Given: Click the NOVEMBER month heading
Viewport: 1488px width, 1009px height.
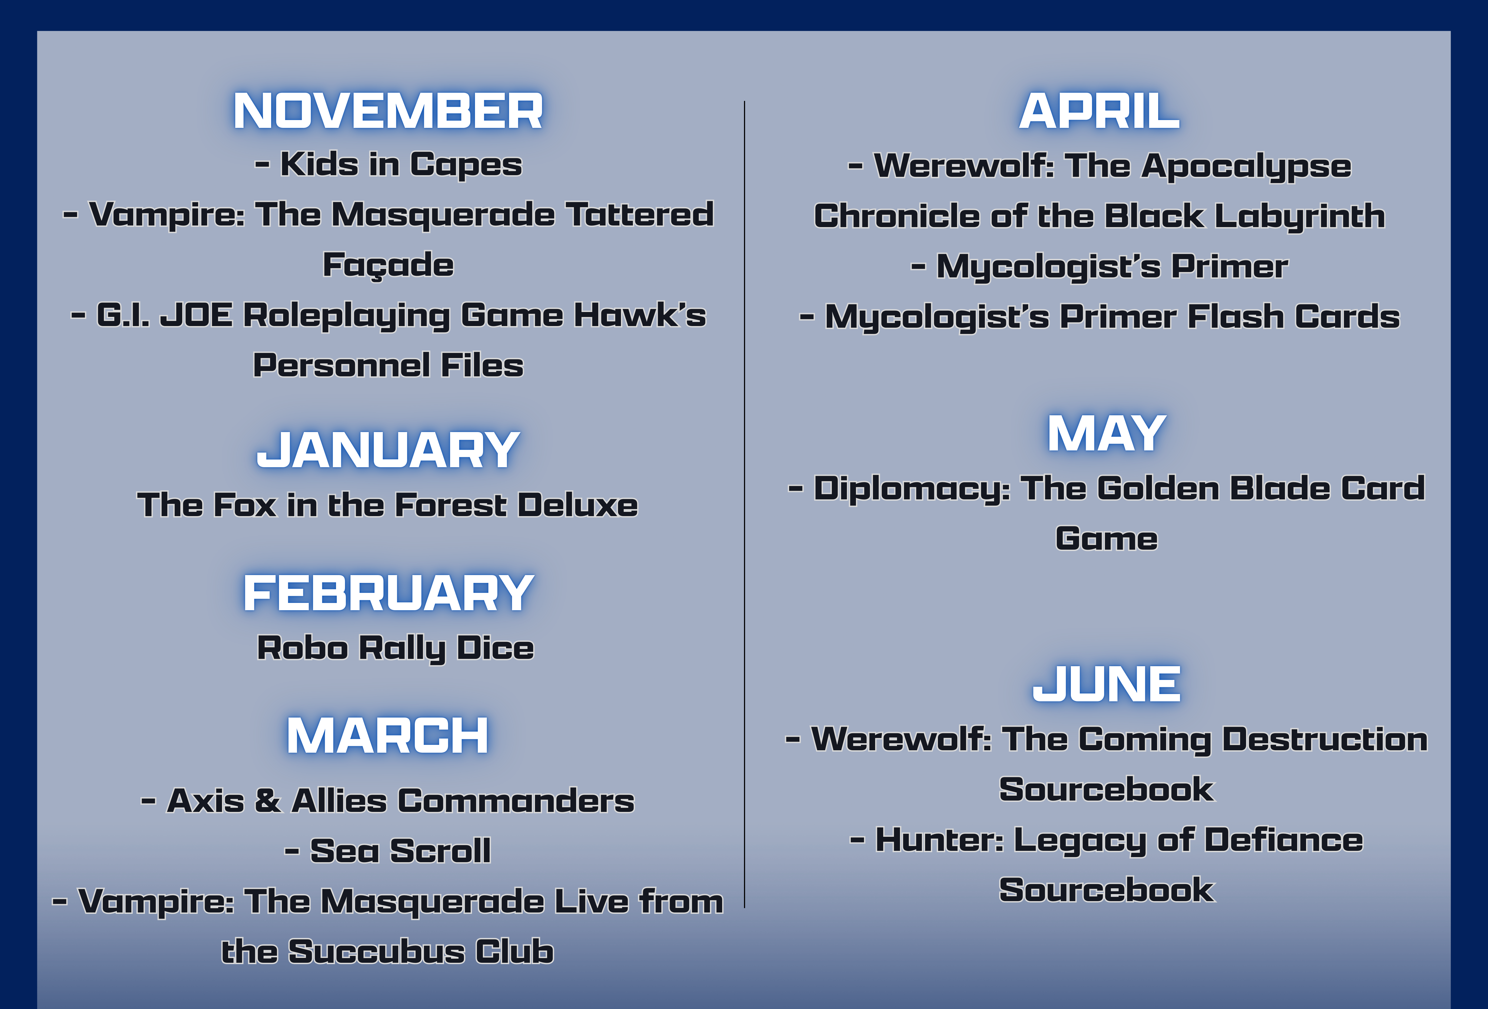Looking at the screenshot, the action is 388,111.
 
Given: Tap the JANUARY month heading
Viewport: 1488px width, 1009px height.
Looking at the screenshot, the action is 388,450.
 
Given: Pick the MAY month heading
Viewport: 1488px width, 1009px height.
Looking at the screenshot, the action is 1106,433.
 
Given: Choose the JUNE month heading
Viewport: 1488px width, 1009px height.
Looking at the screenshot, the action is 1106,684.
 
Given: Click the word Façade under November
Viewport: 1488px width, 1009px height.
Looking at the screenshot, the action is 388,266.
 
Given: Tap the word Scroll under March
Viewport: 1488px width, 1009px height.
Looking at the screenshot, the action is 440,851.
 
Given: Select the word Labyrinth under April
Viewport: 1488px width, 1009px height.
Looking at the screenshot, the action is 1300,216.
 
